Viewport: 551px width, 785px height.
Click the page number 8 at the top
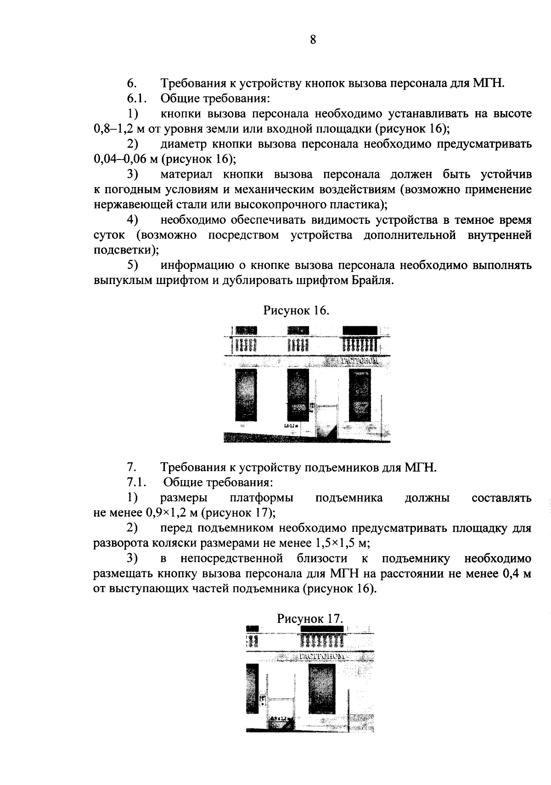point(313,40)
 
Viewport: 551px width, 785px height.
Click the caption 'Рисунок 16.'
point(296,311)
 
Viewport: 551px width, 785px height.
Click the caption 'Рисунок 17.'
point(310,619)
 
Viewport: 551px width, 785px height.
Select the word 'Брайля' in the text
point(371,281)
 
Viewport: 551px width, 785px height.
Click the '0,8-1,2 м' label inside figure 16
point(292,426)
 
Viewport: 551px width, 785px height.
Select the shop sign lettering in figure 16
point(359,361)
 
